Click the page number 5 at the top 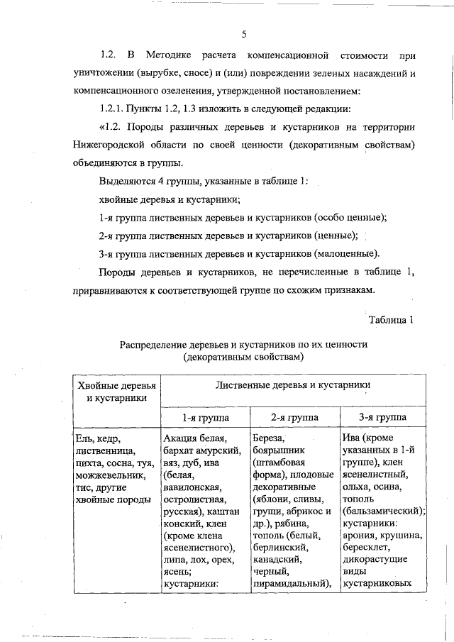(243, 34)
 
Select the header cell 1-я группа (205, 417)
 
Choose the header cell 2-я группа (294, 417)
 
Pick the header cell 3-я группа (383, 417)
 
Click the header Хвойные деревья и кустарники (117, 391)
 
